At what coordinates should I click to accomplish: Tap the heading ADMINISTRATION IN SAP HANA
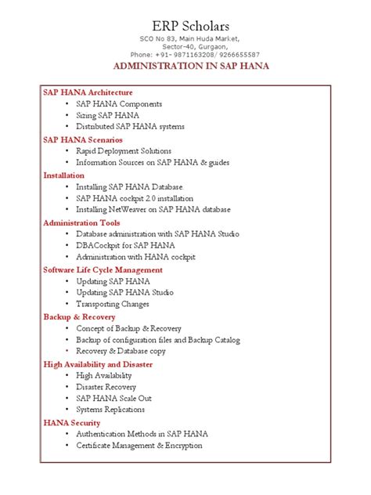coord(192,67)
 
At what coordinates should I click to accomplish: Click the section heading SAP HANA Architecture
coord(88,92)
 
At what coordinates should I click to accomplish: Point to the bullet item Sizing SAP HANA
coord(107,115)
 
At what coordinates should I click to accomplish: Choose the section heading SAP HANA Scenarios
coord(83,139)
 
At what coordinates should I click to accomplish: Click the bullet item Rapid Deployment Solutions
coord(124,150)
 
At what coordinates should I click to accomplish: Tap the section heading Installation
coord(63,175)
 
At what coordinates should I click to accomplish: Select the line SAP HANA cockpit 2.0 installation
coord(134,198)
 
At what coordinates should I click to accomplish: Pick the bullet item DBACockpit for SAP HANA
coord(125,245)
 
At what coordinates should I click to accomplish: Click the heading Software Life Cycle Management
coord(103,269)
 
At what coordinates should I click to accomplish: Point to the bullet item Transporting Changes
coord(112,304)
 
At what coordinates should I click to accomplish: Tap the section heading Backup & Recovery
coord(79,316)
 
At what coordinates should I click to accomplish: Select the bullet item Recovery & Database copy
coord(121,352)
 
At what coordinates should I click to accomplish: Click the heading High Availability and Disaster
coord(98,364)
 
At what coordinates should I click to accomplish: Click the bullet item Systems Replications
coord(110,410)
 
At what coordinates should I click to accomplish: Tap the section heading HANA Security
coord(71,423)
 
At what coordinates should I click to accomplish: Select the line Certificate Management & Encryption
coord(139,446)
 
